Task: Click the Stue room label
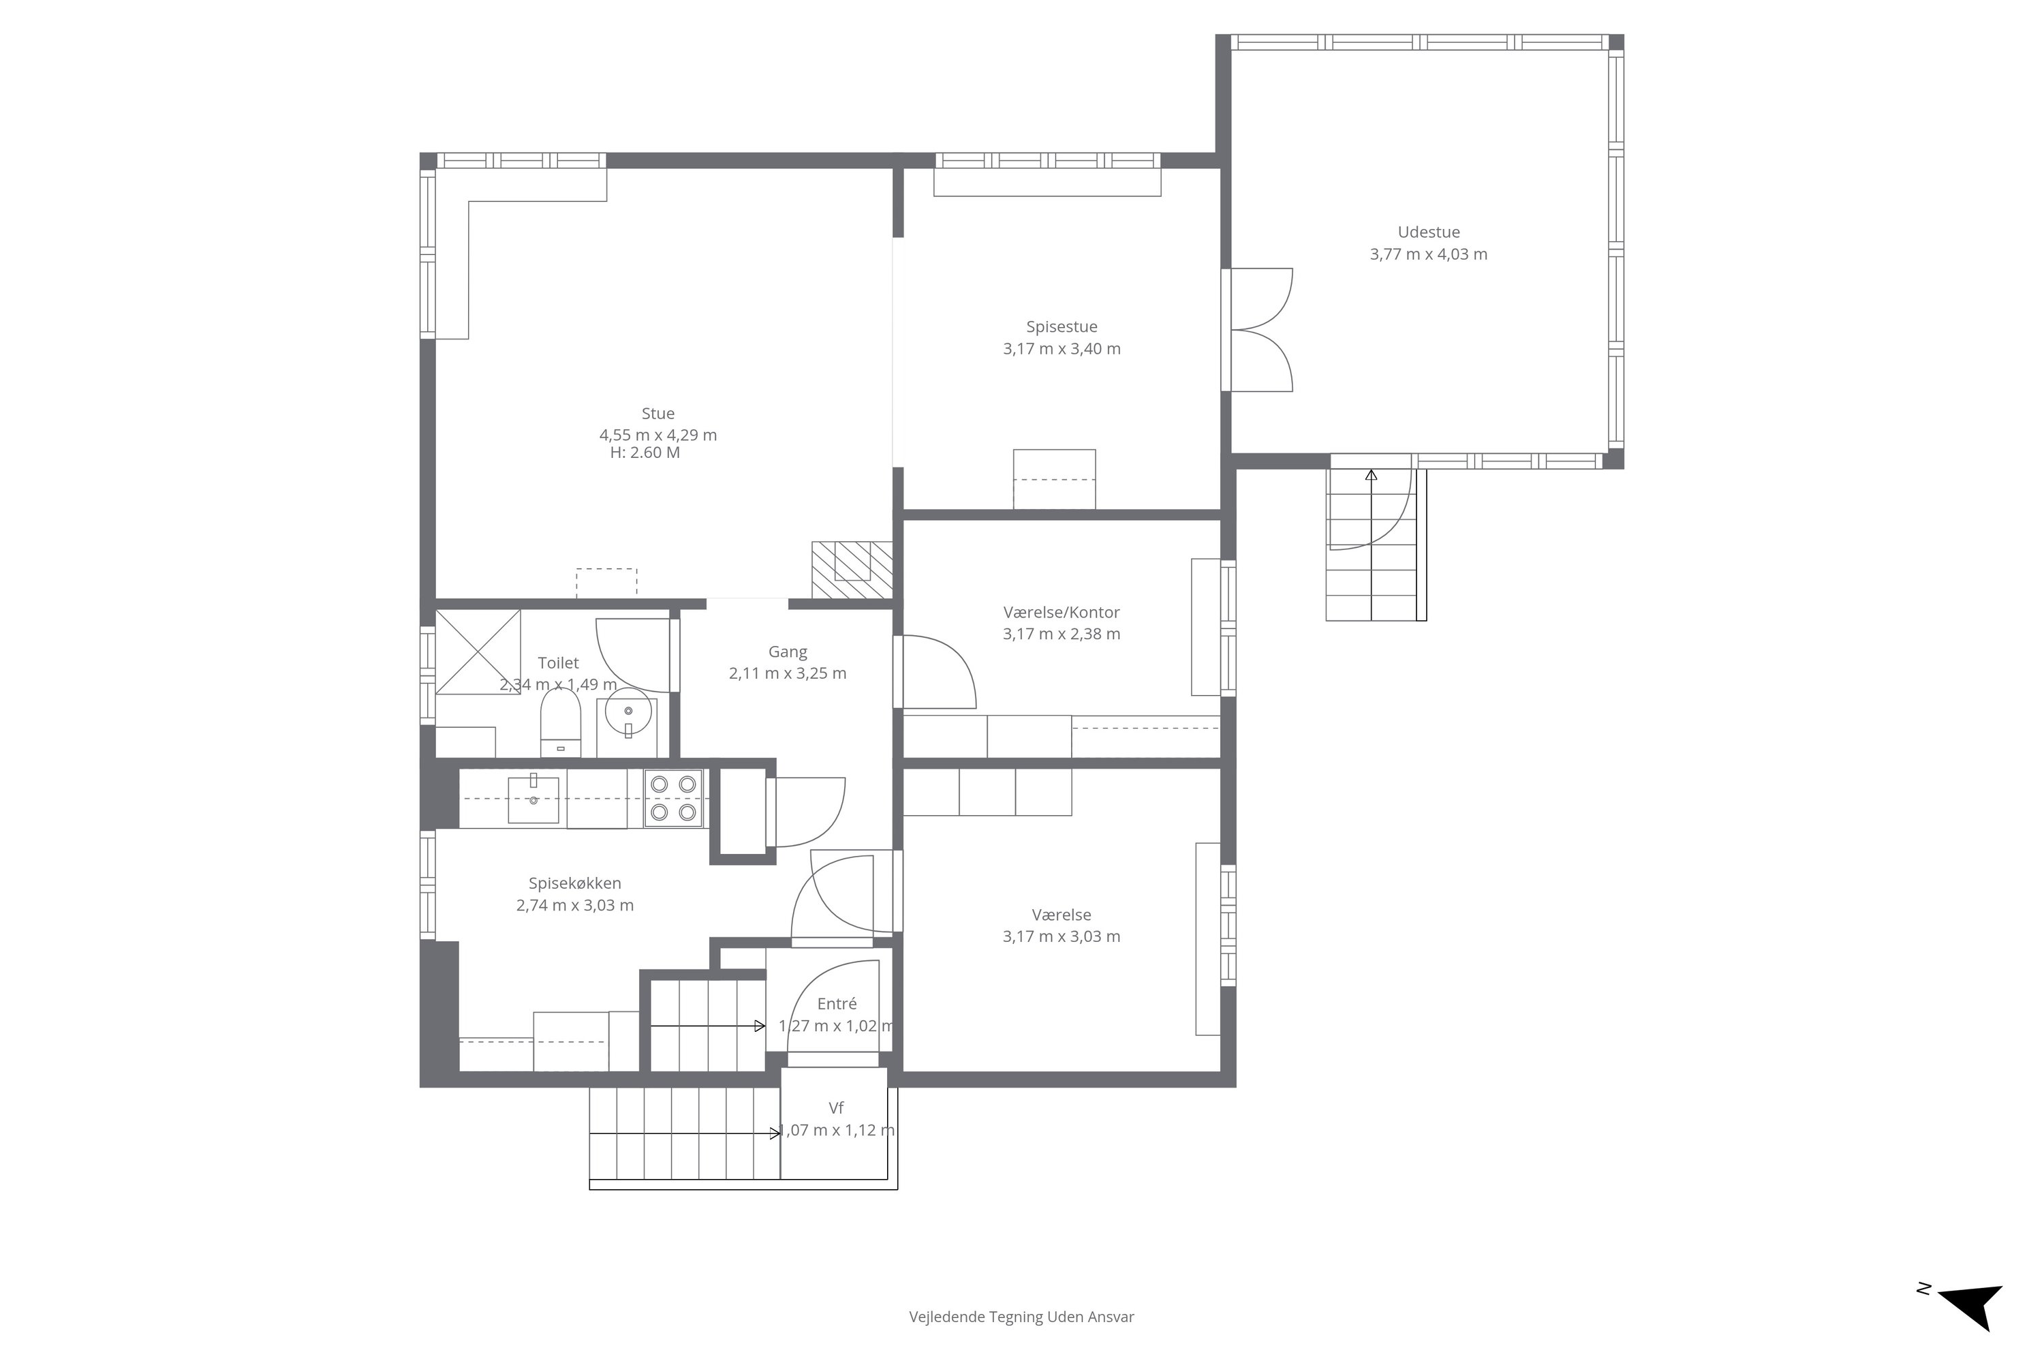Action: [658, 414]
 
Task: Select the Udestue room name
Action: [1429, 232]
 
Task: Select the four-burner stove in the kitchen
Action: [674, 799]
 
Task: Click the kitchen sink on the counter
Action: [533, 798]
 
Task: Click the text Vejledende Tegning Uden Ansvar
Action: [1021, 1317]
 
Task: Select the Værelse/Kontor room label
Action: [1062, 612]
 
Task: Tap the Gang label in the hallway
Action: [788, 652]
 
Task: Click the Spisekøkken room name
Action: [575, 883]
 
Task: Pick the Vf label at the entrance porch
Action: [836, 1108]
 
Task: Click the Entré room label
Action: [837, 1004]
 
